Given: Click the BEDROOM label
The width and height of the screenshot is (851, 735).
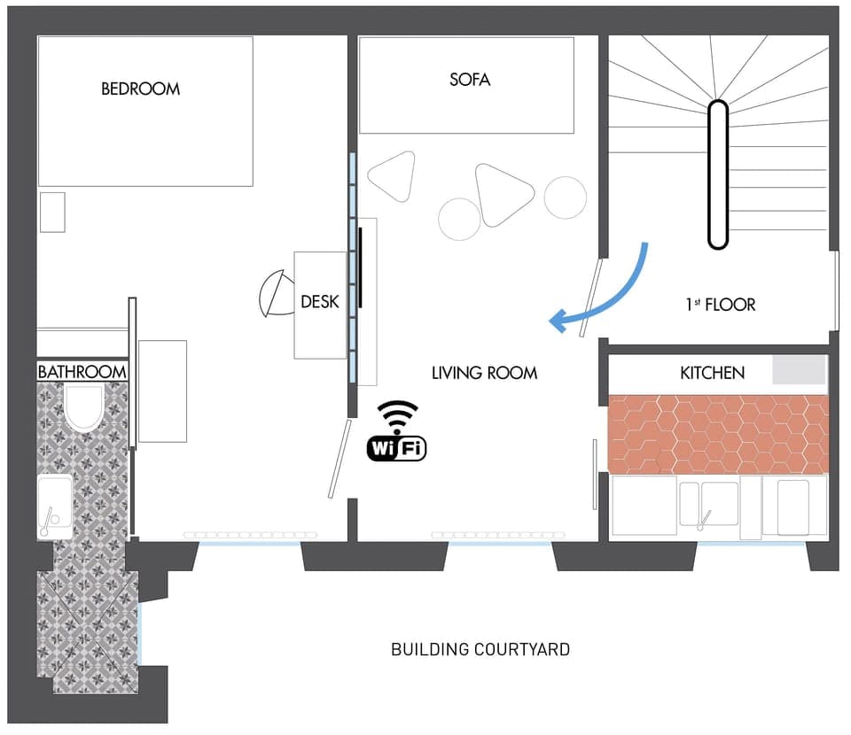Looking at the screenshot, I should (x=140, y=89).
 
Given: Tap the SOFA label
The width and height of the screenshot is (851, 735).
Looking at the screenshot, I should (x=469, y=80).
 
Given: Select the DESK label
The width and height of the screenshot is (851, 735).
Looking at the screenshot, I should (x=319, y=302).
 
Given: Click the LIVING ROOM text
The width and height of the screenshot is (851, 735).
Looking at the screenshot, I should (x=484, y=373).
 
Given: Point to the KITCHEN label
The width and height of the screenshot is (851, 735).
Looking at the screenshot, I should (x=712, y=373).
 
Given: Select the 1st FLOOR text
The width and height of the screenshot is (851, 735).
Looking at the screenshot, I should (x=720, y=305).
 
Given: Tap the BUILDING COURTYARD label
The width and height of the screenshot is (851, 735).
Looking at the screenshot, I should (x=480, y=649).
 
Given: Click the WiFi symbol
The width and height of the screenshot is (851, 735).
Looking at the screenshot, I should (x=397, y=431).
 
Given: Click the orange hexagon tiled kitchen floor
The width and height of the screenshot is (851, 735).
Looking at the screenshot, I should (x=718, y=434).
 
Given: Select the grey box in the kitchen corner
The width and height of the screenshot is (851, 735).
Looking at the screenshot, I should (x=799, y=369).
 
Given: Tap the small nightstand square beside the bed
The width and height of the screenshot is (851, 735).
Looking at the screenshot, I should (x=52, y=212).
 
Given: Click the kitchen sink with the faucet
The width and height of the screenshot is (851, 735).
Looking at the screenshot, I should (x=708, y=503).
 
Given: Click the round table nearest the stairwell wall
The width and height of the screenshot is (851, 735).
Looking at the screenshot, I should (x=565, y=197).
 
